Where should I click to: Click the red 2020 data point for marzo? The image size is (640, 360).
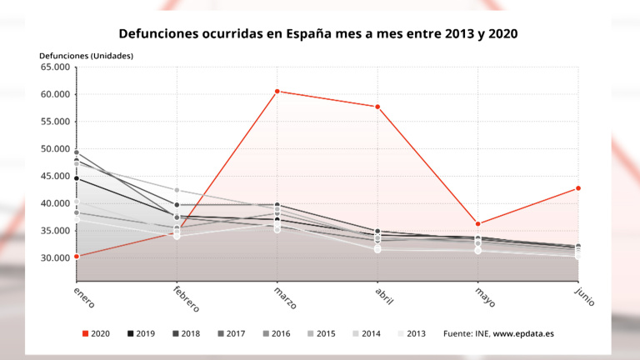click(x=277, y=91)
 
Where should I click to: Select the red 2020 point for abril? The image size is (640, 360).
click(x=377, y=107)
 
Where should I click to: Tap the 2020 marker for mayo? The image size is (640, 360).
click(x=477, y=223)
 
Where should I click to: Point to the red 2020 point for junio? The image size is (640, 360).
click(x=578, y=188)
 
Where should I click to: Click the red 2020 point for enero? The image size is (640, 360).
click(x=76, y=256)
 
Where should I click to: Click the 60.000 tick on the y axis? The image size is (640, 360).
click(x=55, y=94)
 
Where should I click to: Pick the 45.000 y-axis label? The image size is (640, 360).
click(x=55, y=176)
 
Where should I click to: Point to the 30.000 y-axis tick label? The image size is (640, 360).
click(x=55, y=257)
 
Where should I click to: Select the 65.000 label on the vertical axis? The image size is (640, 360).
click(x=55, y=67)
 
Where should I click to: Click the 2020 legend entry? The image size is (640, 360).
click(x=98, y=333)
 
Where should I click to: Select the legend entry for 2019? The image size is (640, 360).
click(x=142, y=333)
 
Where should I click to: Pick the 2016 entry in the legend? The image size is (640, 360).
click(x=276, y=333)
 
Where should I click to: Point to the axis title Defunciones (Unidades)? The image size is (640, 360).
click(x=86, y=56)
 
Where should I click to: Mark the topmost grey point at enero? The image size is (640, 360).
click(x=76, y=152)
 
